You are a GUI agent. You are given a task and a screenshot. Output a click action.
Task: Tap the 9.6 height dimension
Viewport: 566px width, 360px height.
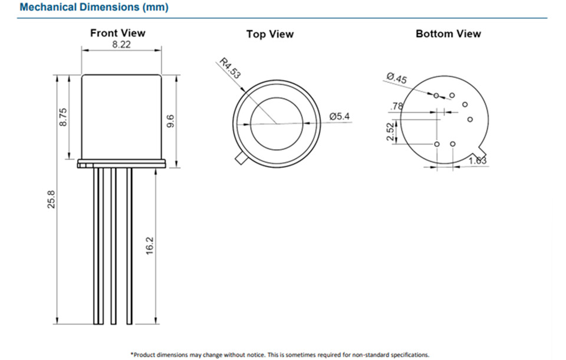click(x=170, y=121)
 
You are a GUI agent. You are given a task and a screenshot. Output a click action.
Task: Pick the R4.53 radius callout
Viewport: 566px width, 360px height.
click(x=230, y=68)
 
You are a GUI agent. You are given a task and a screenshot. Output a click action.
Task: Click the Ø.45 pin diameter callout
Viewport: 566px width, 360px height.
click(x=397, y=78)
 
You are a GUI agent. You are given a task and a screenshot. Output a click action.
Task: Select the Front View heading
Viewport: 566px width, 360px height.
click(x=117, y=33)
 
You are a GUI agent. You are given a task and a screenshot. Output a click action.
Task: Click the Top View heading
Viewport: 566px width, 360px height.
click(x=269, y=34)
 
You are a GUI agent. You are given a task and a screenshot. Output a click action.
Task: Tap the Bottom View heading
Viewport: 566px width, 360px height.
click(x=448, y=34)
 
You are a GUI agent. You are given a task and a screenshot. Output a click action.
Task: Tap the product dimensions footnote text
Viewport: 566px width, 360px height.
click(x=279, y=354)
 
